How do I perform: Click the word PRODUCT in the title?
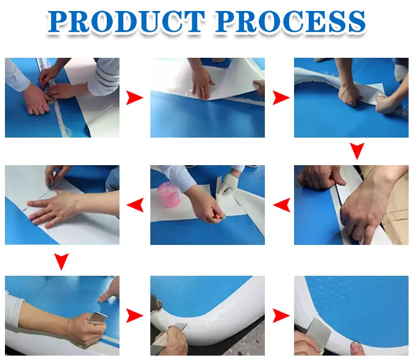click(126, 21)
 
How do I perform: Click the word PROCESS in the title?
click(290, 21)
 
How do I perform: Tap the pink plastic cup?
click(169, 194)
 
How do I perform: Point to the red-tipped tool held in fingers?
click(217, 217)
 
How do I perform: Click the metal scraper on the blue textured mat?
click(98, 318)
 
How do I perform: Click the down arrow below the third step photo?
click(357, 151)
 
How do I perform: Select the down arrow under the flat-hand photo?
click(62, 261)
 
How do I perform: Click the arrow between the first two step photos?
click(134, 97)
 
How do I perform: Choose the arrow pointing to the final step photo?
click(281, 315)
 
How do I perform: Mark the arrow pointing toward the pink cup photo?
click(281, 205)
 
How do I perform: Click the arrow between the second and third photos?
click(281, 97)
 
